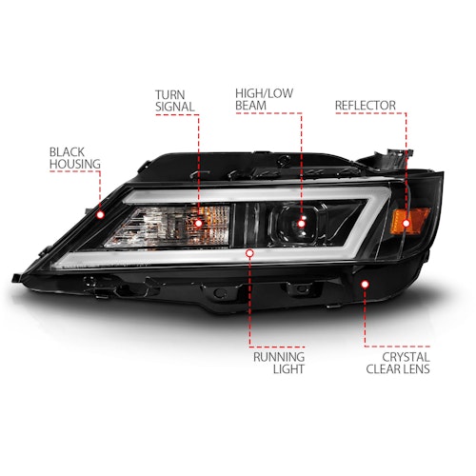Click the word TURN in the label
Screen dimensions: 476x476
click(169, 94)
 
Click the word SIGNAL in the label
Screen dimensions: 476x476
click(175, 107)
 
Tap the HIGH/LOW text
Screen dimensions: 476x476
click(264, 93)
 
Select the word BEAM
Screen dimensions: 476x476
click(250, 106)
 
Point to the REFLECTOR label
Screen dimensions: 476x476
click(366, 106)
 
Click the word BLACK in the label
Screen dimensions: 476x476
click(67, 152)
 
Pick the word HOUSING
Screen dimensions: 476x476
click(75, 164)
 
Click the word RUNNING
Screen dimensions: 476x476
click(279, 357)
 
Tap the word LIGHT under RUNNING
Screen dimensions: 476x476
click(288, 369)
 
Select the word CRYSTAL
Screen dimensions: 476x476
click(406, 357)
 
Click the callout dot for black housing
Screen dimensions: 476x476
click(101, 215)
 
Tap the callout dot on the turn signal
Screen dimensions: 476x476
click(198, 223)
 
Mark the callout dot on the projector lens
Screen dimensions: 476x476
click(301, 224)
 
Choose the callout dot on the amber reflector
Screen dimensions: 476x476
click(406, 224)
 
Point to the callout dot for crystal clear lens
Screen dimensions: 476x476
click(365, 284)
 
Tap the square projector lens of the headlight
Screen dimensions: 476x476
click(298, 223)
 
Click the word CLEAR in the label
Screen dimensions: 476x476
click(384, 369)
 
